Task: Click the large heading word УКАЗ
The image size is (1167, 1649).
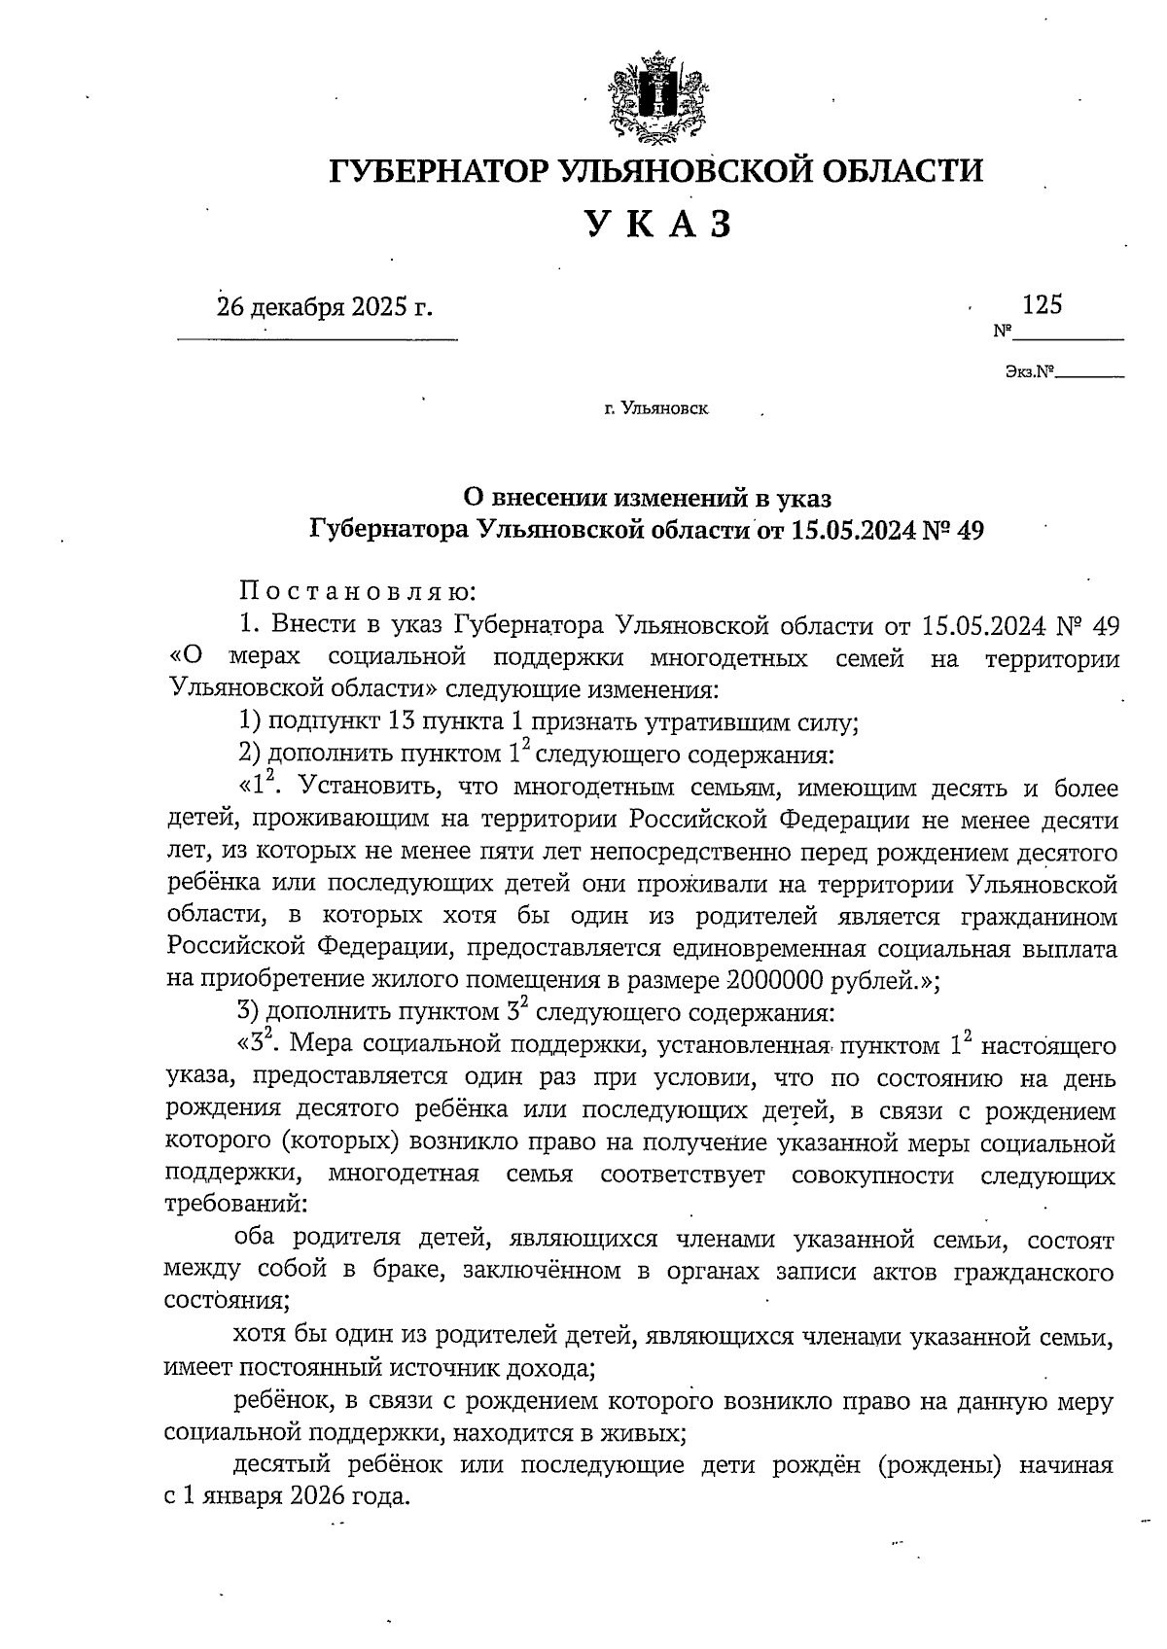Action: [657, 226]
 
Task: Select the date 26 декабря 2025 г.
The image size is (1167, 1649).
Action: [324, 307]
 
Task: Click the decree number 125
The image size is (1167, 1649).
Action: [1042, 305]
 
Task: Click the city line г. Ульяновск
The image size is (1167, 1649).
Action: [656, 409]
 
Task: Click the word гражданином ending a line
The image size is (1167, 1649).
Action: [1038, 916]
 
